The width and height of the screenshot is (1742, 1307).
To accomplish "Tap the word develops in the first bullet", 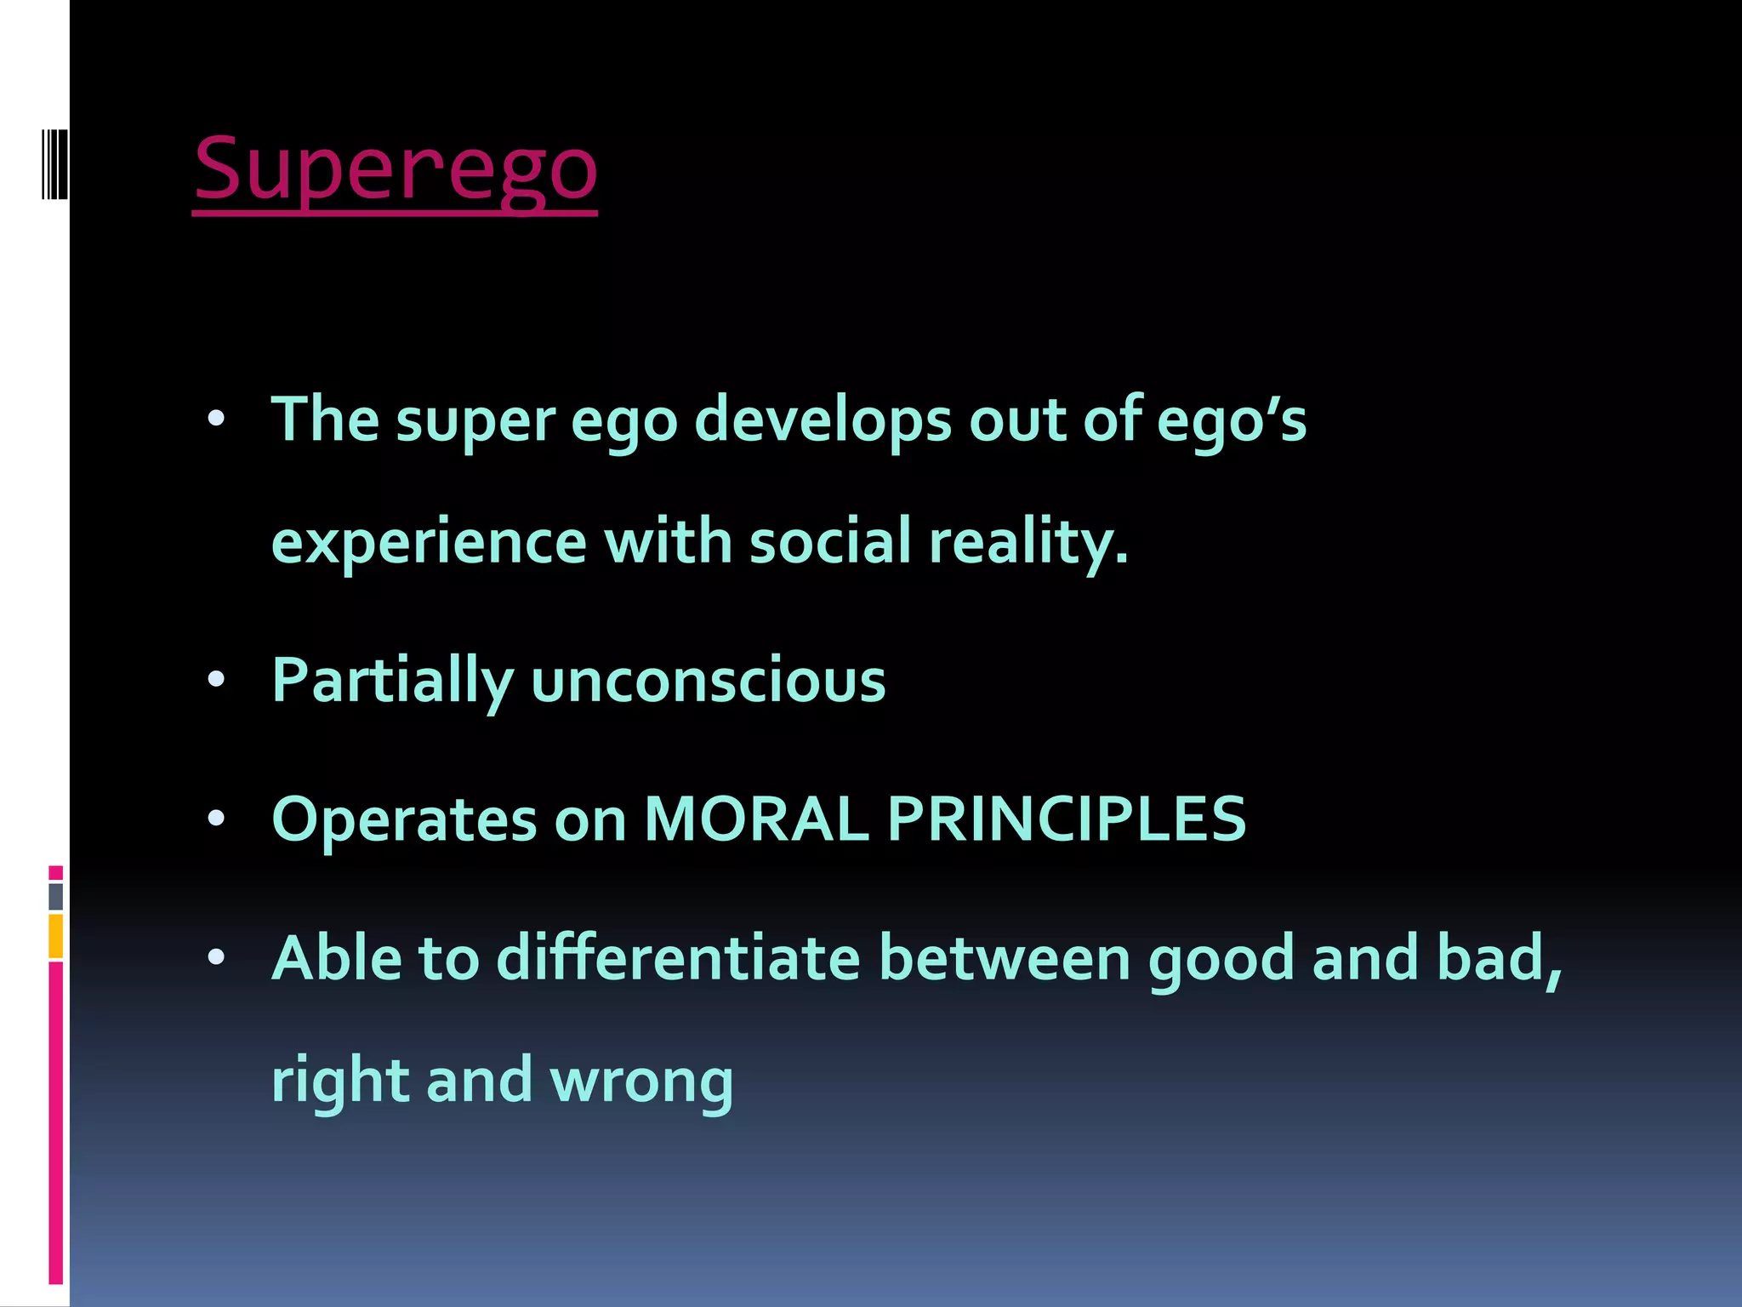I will [x=823, y=420].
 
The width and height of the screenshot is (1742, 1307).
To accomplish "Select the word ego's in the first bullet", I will [x=1231, y=420].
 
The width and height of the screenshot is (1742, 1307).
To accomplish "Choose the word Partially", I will [x=392, y=681].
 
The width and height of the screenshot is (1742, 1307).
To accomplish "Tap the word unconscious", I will [x=708, y=681].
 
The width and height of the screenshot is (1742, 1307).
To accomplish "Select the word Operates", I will [x=404, y=819].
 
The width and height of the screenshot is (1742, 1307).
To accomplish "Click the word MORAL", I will [x=756, y=819].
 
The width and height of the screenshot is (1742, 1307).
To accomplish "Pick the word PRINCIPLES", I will [x=1067, y=819].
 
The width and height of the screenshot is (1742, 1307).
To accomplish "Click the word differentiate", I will [x=678, y=958].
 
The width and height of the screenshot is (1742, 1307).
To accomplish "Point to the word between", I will [x=1004, y=958].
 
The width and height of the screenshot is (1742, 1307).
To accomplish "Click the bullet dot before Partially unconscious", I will [x=216, y=679].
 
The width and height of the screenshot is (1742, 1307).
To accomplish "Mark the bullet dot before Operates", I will [x=216, y=819].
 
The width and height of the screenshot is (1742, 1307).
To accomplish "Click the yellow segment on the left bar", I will [x=55, y=936].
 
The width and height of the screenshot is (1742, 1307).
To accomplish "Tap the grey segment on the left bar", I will [x=55, y=896].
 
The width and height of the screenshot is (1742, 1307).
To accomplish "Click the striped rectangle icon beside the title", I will [x=54, y=163].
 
